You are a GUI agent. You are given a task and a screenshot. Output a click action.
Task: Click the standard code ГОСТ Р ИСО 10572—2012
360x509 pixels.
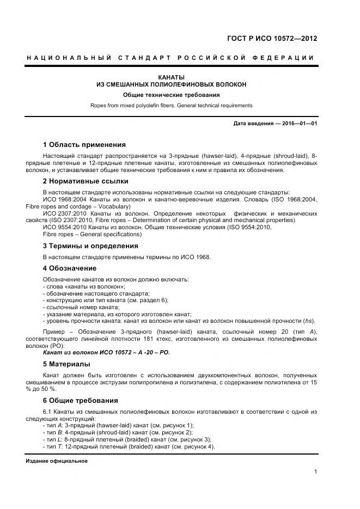click(272, 39)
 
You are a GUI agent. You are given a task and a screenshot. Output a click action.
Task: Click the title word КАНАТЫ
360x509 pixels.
click(171, 77)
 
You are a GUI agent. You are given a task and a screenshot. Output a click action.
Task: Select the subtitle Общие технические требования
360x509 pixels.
click(171, 95)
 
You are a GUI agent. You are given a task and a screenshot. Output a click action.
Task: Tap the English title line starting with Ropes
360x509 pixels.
click(171, 105)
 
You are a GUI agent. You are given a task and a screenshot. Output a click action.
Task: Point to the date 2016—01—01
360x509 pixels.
click(298, 124)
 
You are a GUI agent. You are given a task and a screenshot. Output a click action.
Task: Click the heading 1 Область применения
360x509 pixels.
click(84, 145)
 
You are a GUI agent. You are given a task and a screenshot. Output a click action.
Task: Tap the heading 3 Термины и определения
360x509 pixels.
click(90, 246)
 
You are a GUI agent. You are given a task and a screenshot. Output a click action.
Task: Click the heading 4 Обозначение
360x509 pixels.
click(69, 268)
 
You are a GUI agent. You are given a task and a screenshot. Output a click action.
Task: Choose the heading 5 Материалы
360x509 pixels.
click(66, 364)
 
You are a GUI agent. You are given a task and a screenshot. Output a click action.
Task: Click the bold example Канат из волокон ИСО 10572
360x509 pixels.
click(106, 352)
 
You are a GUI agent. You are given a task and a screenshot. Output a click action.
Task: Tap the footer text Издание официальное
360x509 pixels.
click(57, 461)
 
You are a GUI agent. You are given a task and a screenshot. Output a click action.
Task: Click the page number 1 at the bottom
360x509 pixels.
click(315, 472)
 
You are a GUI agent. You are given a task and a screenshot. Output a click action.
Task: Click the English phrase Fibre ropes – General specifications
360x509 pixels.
click(84, 235)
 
